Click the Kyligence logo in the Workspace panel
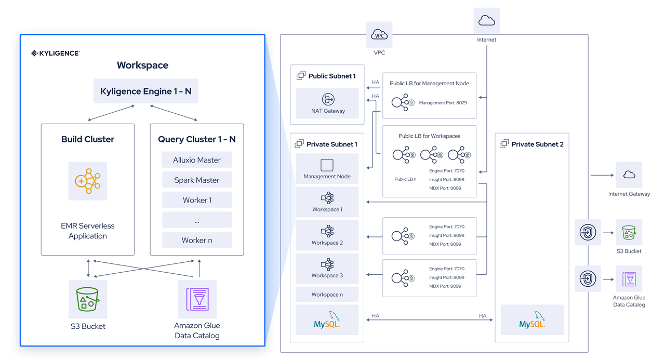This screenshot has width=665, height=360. pyautogui.click(x=55, y=53)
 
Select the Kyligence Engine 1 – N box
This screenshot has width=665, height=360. pyautogui.click(x=145, y=91)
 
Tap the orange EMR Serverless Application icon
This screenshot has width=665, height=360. pyautogui.click(x=88, y=181)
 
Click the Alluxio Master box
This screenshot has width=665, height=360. pyautogui.click(x=197, y=160)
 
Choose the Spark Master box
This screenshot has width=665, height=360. pyautogui.click(x=197, y=180)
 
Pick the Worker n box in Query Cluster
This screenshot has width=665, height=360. pyautogui.click(x=197, y=240)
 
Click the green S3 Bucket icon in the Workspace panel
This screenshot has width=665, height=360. pyautogui.click(x=88, y=299)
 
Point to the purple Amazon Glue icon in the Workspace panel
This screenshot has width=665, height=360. pyautogui.click(x=197, y=299)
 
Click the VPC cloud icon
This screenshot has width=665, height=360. pyautogui.click(x=379, y=35)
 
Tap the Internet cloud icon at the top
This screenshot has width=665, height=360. pyautogui.click(x=487, y=21)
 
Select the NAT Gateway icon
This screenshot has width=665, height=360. pyautogui.click(x=327, y=99)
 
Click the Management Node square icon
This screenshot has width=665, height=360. pyautogui.click(x=327, y=165)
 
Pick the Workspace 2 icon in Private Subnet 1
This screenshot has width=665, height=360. pyautogui.click(x=327, y=231)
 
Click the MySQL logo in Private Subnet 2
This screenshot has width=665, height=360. pyautogui.click(x=532, y=320)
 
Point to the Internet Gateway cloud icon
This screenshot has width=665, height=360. pyautogui.click(x=629, y=175)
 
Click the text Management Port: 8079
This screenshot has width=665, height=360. pyautogui.click(x=443, y=103)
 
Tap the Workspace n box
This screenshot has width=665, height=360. pyautogui.click(x=327, y=295)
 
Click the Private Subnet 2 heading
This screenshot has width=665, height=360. pyautogui.click(x=537, y=144)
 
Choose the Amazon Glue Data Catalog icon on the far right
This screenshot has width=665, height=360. pyautogui.click(x=629, y=279)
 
